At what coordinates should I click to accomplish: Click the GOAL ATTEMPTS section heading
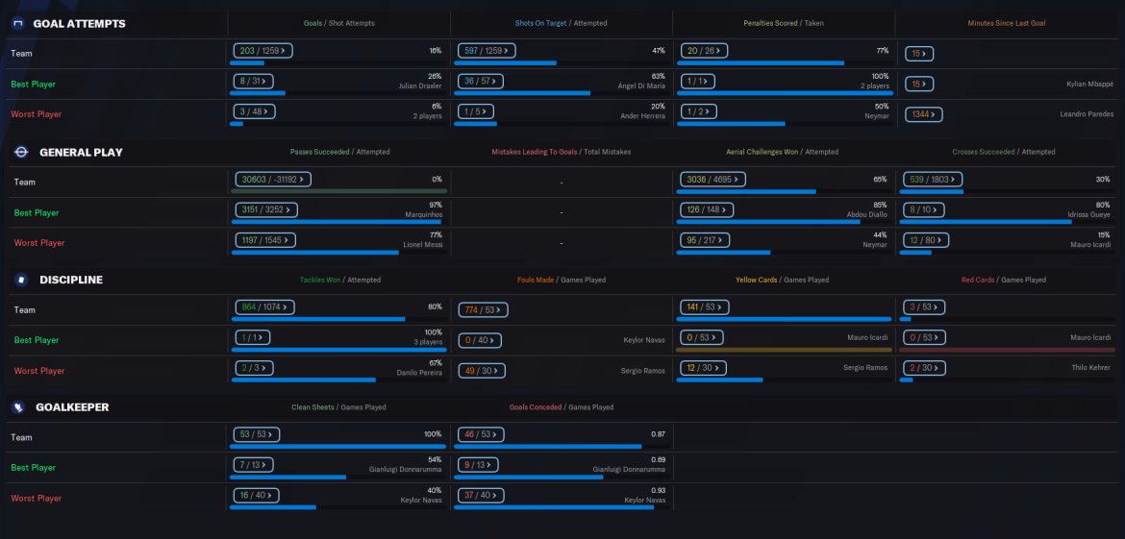pyautogui.click(x=79, y=23)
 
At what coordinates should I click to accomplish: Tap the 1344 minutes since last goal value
pyautogui.click(x=923, y=114)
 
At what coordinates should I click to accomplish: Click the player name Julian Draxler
pyautogui.click(x=420, y=86)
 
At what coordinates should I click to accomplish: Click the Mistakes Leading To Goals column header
pyautogui.click(x=535, y=152)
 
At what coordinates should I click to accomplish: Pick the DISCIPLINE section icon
pyautogui.click(x=21, y=280)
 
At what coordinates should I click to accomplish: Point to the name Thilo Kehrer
pyautogui.click(x=1090, y=368)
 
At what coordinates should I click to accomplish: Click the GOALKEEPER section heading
pyautogui.click(x=72, y=407)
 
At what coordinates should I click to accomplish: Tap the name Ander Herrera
pyautogui.click(x=642, y=116)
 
